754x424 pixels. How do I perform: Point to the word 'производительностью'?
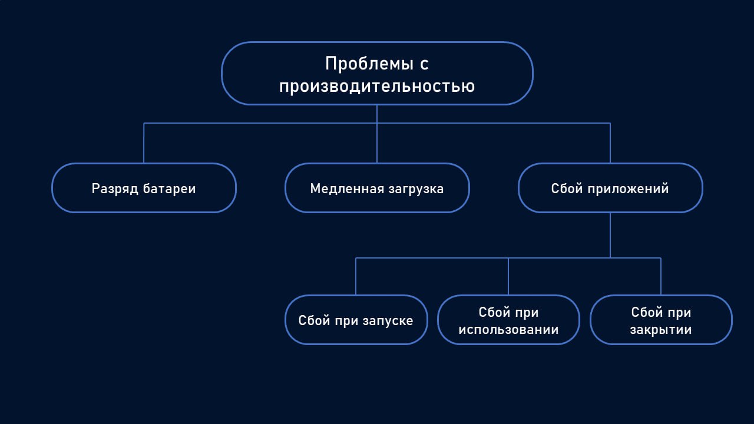tap(377, 87)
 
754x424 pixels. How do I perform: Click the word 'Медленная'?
tap(347, 188)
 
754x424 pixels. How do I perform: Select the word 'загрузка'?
tap(416, 188)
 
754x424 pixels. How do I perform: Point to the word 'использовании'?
tap(508, 330)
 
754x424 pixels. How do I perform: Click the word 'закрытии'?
tap(661, 330)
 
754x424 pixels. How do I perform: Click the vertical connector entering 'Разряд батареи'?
tap(144, 143)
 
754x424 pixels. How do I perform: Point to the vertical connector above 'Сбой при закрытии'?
tap(661, 276)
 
